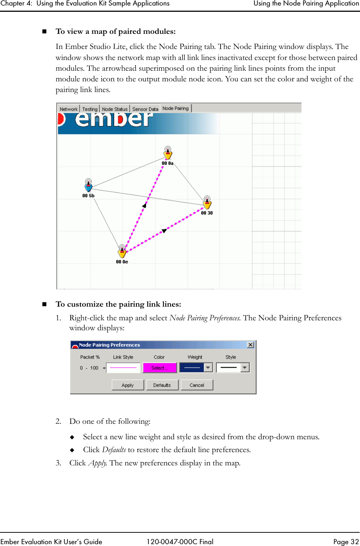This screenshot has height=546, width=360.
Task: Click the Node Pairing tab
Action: click(176, 108)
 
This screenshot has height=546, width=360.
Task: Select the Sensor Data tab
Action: click(145, 109)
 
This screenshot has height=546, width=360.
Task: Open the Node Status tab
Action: click(114, 109)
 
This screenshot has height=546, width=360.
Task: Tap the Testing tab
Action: click(90, 109)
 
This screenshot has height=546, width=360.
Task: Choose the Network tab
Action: click(68, 109)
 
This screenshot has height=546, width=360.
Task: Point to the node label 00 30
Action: click(207, 213)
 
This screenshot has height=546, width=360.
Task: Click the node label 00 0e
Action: click(122, 262)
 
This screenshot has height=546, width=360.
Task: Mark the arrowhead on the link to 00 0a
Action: click(144, 205)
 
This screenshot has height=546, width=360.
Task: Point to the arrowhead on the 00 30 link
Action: click(164, 231)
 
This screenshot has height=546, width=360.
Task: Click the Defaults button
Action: click(162, 385)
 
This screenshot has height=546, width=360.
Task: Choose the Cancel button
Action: click(197, 385)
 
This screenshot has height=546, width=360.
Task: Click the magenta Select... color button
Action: click(160, 368)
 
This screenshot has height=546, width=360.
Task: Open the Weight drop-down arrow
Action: click(208, 368)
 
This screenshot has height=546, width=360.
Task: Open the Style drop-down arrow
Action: click(245, 368)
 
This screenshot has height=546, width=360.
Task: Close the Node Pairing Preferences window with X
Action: click(250, 345)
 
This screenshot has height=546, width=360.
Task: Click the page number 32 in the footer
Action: click(354, 542)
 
